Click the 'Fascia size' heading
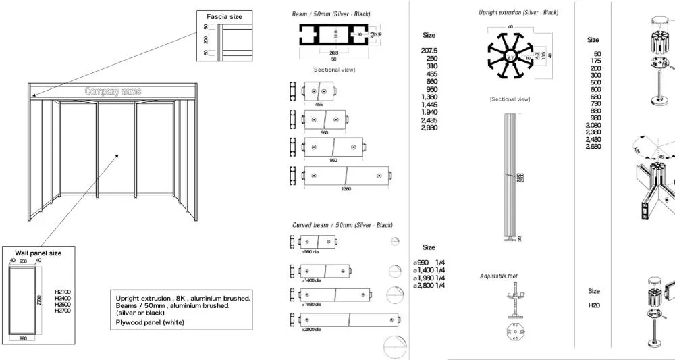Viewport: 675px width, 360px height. point(223,16)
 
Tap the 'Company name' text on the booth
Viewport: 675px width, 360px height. point(113,91)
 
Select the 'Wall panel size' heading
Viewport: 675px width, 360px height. point(38,253)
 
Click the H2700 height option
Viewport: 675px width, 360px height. point(63,311)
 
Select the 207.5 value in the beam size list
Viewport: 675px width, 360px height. point(429,51)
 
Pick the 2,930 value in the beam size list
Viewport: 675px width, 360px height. point(429,128)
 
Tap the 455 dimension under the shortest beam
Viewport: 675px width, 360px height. point(319,105)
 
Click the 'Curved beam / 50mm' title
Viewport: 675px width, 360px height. point(342,225)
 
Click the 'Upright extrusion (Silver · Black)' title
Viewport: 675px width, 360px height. point(518,13)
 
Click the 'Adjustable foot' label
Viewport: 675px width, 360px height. point(499,276)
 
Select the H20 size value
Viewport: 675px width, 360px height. point(594,305)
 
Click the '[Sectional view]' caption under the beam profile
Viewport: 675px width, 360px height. point(333,70)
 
